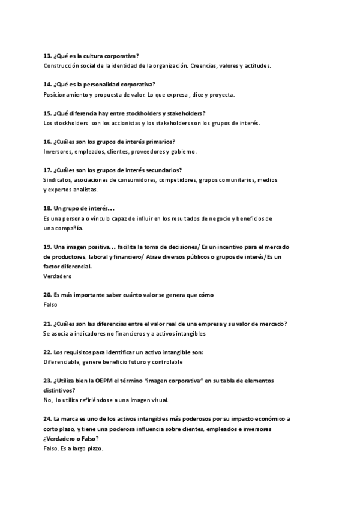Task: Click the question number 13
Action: pos(47,55)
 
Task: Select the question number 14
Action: pos(47,84)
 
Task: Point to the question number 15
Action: pos(47,113)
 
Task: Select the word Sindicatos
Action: pos(58,179)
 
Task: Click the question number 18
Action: pos(47,208)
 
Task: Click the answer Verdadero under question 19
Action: pos(58,276)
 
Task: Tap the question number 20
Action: pos(47,295)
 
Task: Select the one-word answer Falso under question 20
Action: pos(50,304)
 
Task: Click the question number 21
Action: pos(47,324)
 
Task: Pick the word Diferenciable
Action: pos(64,362)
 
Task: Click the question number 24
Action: pos(47,419)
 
